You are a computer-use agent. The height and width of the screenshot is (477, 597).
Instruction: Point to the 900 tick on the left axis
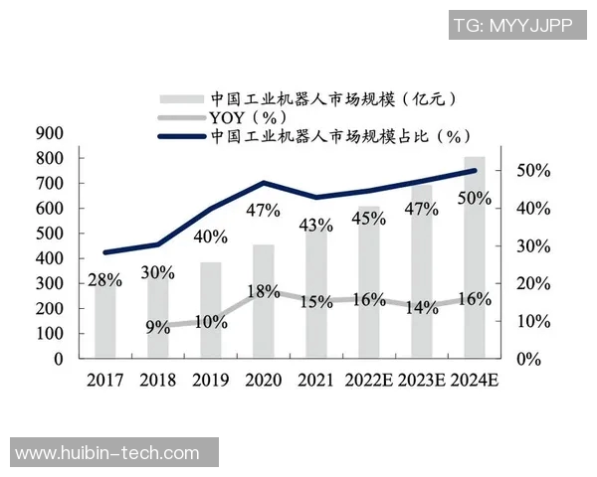(x=50, y=133)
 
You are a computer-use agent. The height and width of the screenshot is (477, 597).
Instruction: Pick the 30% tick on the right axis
(x=534, y=246)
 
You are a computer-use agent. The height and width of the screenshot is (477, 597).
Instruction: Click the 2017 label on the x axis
(x=105, y=381)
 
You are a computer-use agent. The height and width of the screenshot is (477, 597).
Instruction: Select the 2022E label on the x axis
(x=369, y=381)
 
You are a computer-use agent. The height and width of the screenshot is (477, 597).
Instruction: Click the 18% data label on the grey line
(x=263, y=291)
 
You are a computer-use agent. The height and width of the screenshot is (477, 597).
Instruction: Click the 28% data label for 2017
(x=104, y=279)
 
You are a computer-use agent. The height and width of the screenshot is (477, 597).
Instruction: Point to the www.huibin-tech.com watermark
(x=108, y=454)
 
